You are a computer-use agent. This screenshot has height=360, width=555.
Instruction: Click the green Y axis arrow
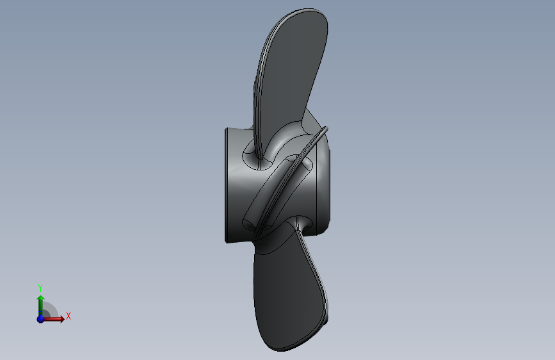tap(40, 303)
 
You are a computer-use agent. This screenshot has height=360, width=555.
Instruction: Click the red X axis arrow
tap(56, 318)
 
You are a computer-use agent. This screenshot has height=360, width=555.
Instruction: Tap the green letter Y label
tap(40, 288)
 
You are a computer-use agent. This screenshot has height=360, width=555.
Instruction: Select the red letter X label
tap(68, 316)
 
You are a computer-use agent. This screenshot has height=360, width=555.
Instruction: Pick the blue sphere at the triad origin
tap(40, 318)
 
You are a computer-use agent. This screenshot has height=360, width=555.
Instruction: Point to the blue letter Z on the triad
tap(38, 320)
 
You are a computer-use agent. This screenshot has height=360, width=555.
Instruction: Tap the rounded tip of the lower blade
tap(282, 346)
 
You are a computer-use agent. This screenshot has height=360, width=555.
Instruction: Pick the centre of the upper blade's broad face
tap(291, 70)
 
